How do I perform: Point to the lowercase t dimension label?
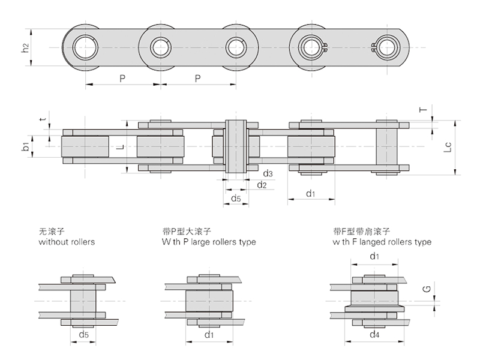41,119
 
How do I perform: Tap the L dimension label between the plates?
119,146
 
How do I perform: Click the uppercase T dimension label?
423,110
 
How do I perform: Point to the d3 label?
268,174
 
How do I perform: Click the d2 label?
262,184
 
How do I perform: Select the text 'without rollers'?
67,242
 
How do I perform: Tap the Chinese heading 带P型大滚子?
187,232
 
